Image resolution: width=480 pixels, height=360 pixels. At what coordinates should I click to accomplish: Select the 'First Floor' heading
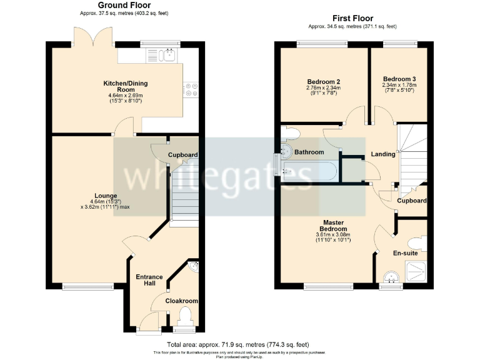click(352, 19)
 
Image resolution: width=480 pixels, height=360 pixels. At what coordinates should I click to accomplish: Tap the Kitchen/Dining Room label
click(125, 86)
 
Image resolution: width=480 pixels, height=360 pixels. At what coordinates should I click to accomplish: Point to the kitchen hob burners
click(191, 90)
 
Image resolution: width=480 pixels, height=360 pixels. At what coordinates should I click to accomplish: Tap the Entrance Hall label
click(149, 279)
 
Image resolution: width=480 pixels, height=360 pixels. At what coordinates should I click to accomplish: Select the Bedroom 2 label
click(323, 82)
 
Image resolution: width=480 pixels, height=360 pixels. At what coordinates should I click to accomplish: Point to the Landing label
click(382, 154)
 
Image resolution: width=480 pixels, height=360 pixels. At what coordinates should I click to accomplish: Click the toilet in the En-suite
click(416, 241)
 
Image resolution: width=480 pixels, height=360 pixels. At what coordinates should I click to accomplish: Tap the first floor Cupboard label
click(412, 201)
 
